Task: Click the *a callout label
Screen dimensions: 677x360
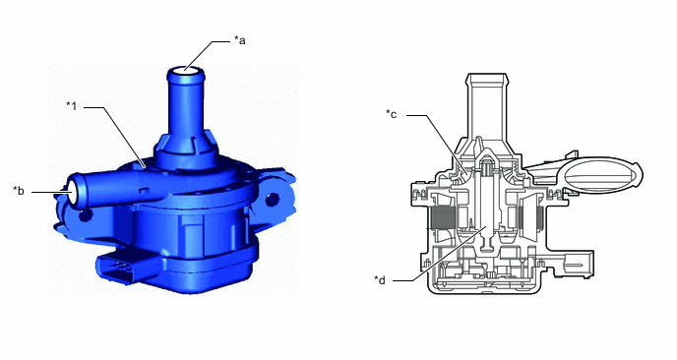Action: pyautogui.click(x=240, y=40)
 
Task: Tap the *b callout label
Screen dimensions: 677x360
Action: pyautogui.click(x=19, y=191)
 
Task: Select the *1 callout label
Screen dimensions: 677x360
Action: pyautogui.click(x=72, y=106)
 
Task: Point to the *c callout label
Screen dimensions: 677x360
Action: pyautogui.click(x=392, y=114)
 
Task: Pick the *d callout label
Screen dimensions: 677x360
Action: pyautogui.click(x=380, y=280)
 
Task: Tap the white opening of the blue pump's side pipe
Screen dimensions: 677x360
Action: pyautogui.click(x=72, y=191)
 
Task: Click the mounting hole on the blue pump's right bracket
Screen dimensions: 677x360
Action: pyautogui.click(x=272, y=199)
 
